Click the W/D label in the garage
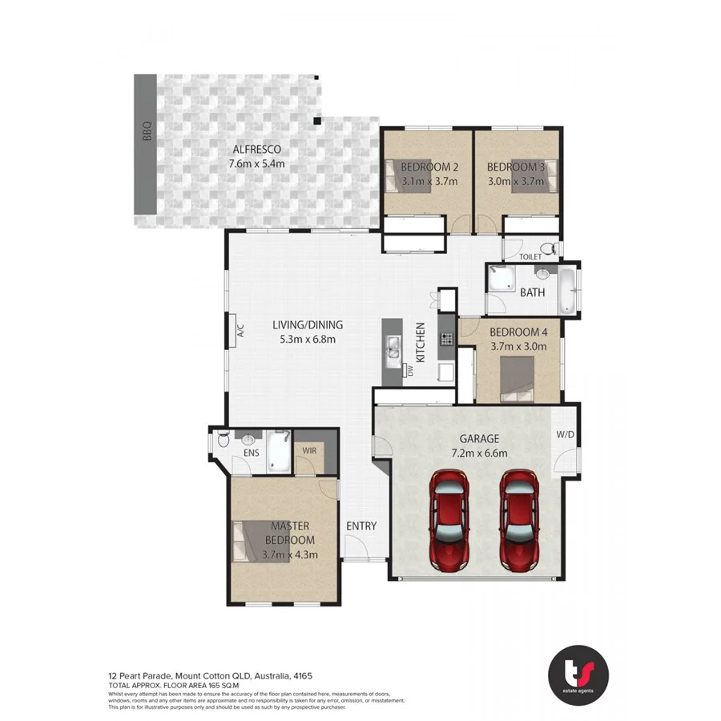[564, 435]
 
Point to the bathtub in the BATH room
[567, 290]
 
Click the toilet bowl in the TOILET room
[547, 248]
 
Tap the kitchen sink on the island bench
[393, 347]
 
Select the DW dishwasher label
[409, 371]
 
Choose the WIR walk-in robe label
[308, 451]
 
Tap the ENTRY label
[360, 526]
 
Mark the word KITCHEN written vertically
[418, 340]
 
